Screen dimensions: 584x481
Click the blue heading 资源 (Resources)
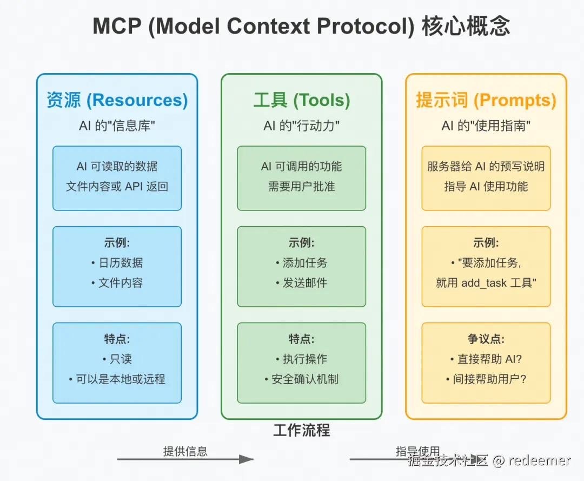click(117, 100)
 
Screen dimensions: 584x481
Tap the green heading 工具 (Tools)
click(302, 100)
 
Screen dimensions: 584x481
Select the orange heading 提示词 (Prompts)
click(486, 100)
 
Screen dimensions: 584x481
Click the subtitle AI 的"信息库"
click(117, 126)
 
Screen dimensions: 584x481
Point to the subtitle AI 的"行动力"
click(302, 126)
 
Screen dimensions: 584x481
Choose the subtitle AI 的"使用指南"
click(486, 126)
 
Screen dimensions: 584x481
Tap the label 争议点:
click(486, 339)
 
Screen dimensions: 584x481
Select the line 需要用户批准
click(302, 186)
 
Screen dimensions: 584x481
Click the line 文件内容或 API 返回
click(117, 186)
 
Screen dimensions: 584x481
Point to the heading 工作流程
click(302, 430)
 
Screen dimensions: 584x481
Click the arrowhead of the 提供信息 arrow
click(246, 459)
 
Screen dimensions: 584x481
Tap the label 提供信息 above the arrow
click(185, 451)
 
